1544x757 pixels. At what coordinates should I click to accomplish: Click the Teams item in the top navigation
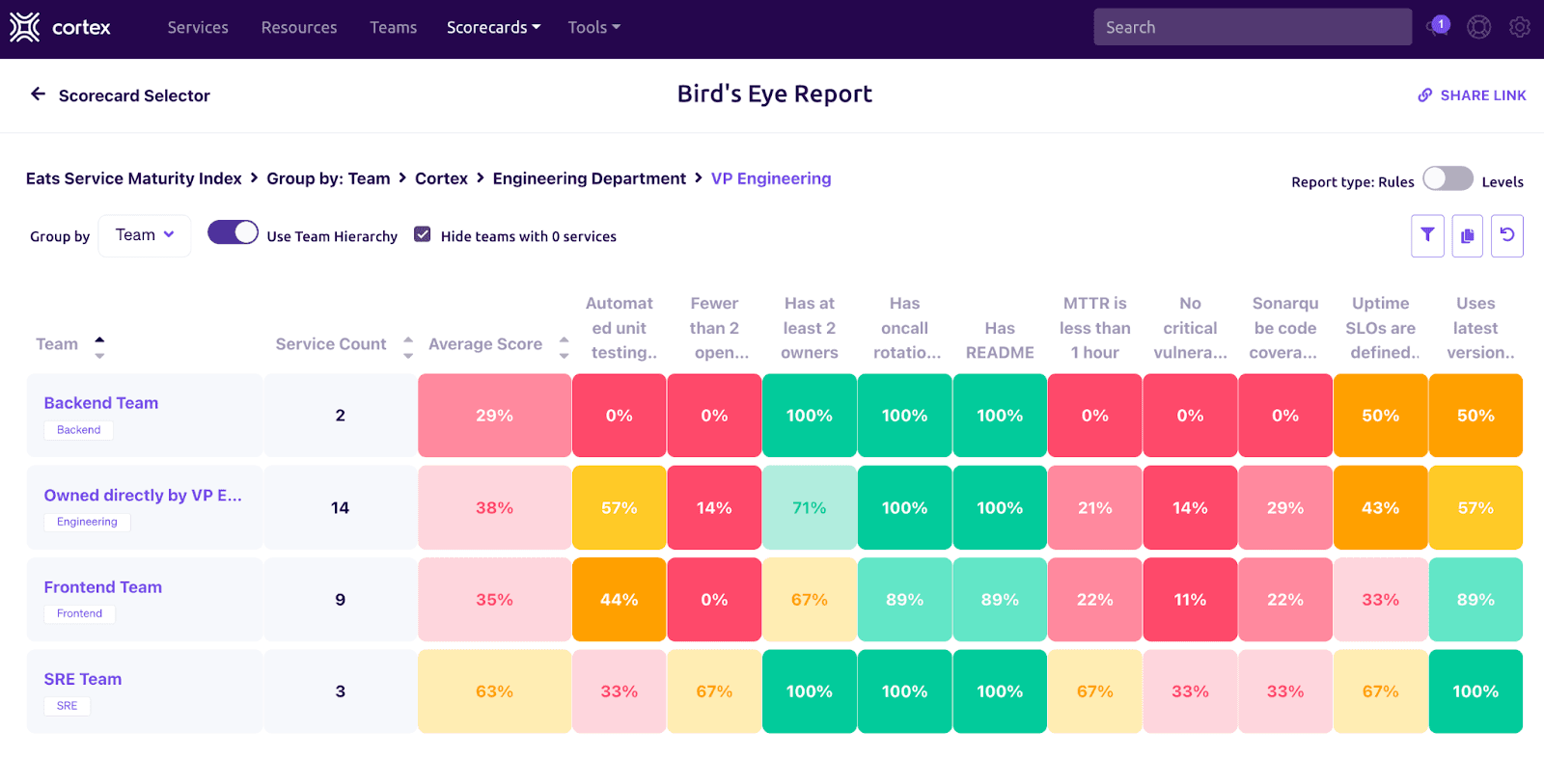[x=393, y=28]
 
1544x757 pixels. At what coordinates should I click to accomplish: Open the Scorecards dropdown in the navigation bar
[x=493, y=28]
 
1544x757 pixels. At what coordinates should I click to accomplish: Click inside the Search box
[x=1252, y=28]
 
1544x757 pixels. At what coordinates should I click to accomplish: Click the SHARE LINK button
[x=1472, y=95]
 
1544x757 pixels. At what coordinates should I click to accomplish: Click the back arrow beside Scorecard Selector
[x=39, y=95]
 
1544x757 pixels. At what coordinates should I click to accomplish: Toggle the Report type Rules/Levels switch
[x=1447, y=179]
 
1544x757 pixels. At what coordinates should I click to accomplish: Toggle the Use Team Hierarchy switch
[x=233, y=233]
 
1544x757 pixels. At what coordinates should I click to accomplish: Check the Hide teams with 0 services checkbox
[x=423, y=234]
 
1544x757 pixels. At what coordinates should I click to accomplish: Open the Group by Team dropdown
[x=145, y=235]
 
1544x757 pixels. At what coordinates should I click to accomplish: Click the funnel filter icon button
[x=1427, y=235]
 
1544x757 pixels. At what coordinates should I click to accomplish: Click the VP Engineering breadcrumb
[x=770, y=178]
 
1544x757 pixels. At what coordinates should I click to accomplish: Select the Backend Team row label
[x=101, y=403]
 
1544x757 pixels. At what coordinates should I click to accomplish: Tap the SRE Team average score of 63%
[x=494, y=691]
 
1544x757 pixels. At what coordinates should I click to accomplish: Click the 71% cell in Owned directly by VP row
[x=809, y=508]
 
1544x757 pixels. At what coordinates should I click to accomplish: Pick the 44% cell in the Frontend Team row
[x=619, y=600]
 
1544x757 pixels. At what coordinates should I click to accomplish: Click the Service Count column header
[x=331, y=344]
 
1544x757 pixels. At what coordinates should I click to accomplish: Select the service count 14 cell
[x=340, y=508]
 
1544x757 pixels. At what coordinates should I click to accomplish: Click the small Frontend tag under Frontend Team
[x=79, y=614]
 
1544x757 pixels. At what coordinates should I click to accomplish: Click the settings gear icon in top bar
[x=1519, y=28]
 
